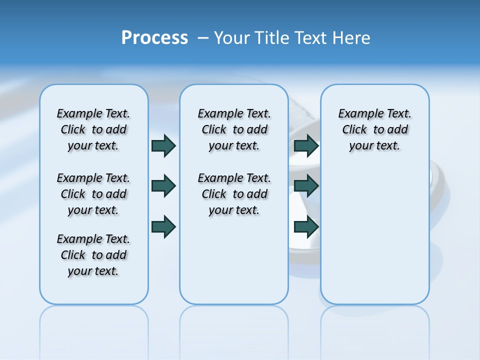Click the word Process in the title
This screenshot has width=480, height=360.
pyautogui.click(x=154, y=37)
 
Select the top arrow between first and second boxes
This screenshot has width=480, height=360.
pyautogui.click(x=163, y=145)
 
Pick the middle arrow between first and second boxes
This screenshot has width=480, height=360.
pyautogui.click(x=163, y=186)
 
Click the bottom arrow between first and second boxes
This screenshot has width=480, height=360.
pyautogui.click(x=163, y=226)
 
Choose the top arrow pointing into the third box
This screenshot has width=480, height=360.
pyautogui.click(x=306, y=145)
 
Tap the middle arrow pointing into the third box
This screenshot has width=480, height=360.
pyautogui.click(x=306, y=186)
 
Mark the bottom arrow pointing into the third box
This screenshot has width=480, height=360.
pyautogui.click(x=306, y=227)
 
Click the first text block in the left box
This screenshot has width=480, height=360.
pyautogui.click(x=93, y=129)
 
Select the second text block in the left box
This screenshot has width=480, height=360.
pyautogui.click(x=93, y=194)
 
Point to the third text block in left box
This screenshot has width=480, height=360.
pyautogui.click(x=93, y=255)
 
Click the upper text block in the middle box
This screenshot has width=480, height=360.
pyautogui.click(x=234, y=129)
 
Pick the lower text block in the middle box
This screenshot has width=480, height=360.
pyautogui.click(x=234, y=194)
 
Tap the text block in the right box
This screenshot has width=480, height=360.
pyautogui.click(x=375, y=129)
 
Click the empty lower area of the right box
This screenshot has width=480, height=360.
pyautogui.click(x=375, y=235)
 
